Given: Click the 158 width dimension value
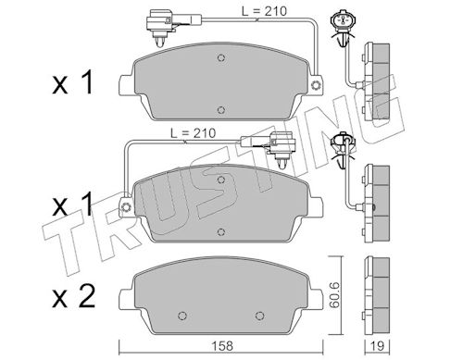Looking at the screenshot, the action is tap(223, 345).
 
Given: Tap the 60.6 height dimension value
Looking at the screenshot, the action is tap(334, 294).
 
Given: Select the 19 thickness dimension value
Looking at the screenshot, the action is tap(377, 345).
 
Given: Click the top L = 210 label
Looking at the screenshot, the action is tap(264, 11).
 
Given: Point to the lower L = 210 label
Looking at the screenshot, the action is tap(194, 133).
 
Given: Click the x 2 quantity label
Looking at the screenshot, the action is tap(73, 296).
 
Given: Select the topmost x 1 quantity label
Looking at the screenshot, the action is tap(73, 82).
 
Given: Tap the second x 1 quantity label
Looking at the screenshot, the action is tap(73, 204).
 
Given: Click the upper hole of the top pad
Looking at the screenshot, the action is tap(220, 57).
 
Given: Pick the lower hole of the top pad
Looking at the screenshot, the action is tap(220, 110).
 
